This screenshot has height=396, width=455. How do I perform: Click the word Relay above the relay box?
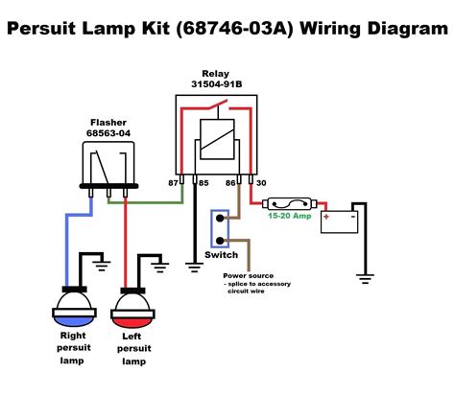pos(215,73)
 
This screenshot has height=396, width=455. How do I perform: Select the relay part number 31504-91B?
pos(215,85)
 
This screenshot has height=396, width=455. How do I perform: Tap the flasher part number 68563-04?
pos(108,134)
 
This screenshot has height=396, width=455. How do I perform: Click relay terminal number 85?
pos(204,181)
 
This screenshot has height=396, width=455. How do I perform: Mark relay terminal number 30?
pos(261,181)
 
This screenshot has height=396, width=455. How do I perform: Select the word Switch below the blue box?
pos(221,255)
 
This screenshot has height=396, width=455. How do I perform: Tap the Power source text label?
pos(249,275)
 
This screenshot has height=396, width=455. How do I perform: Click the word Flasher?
pos(108,123)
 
